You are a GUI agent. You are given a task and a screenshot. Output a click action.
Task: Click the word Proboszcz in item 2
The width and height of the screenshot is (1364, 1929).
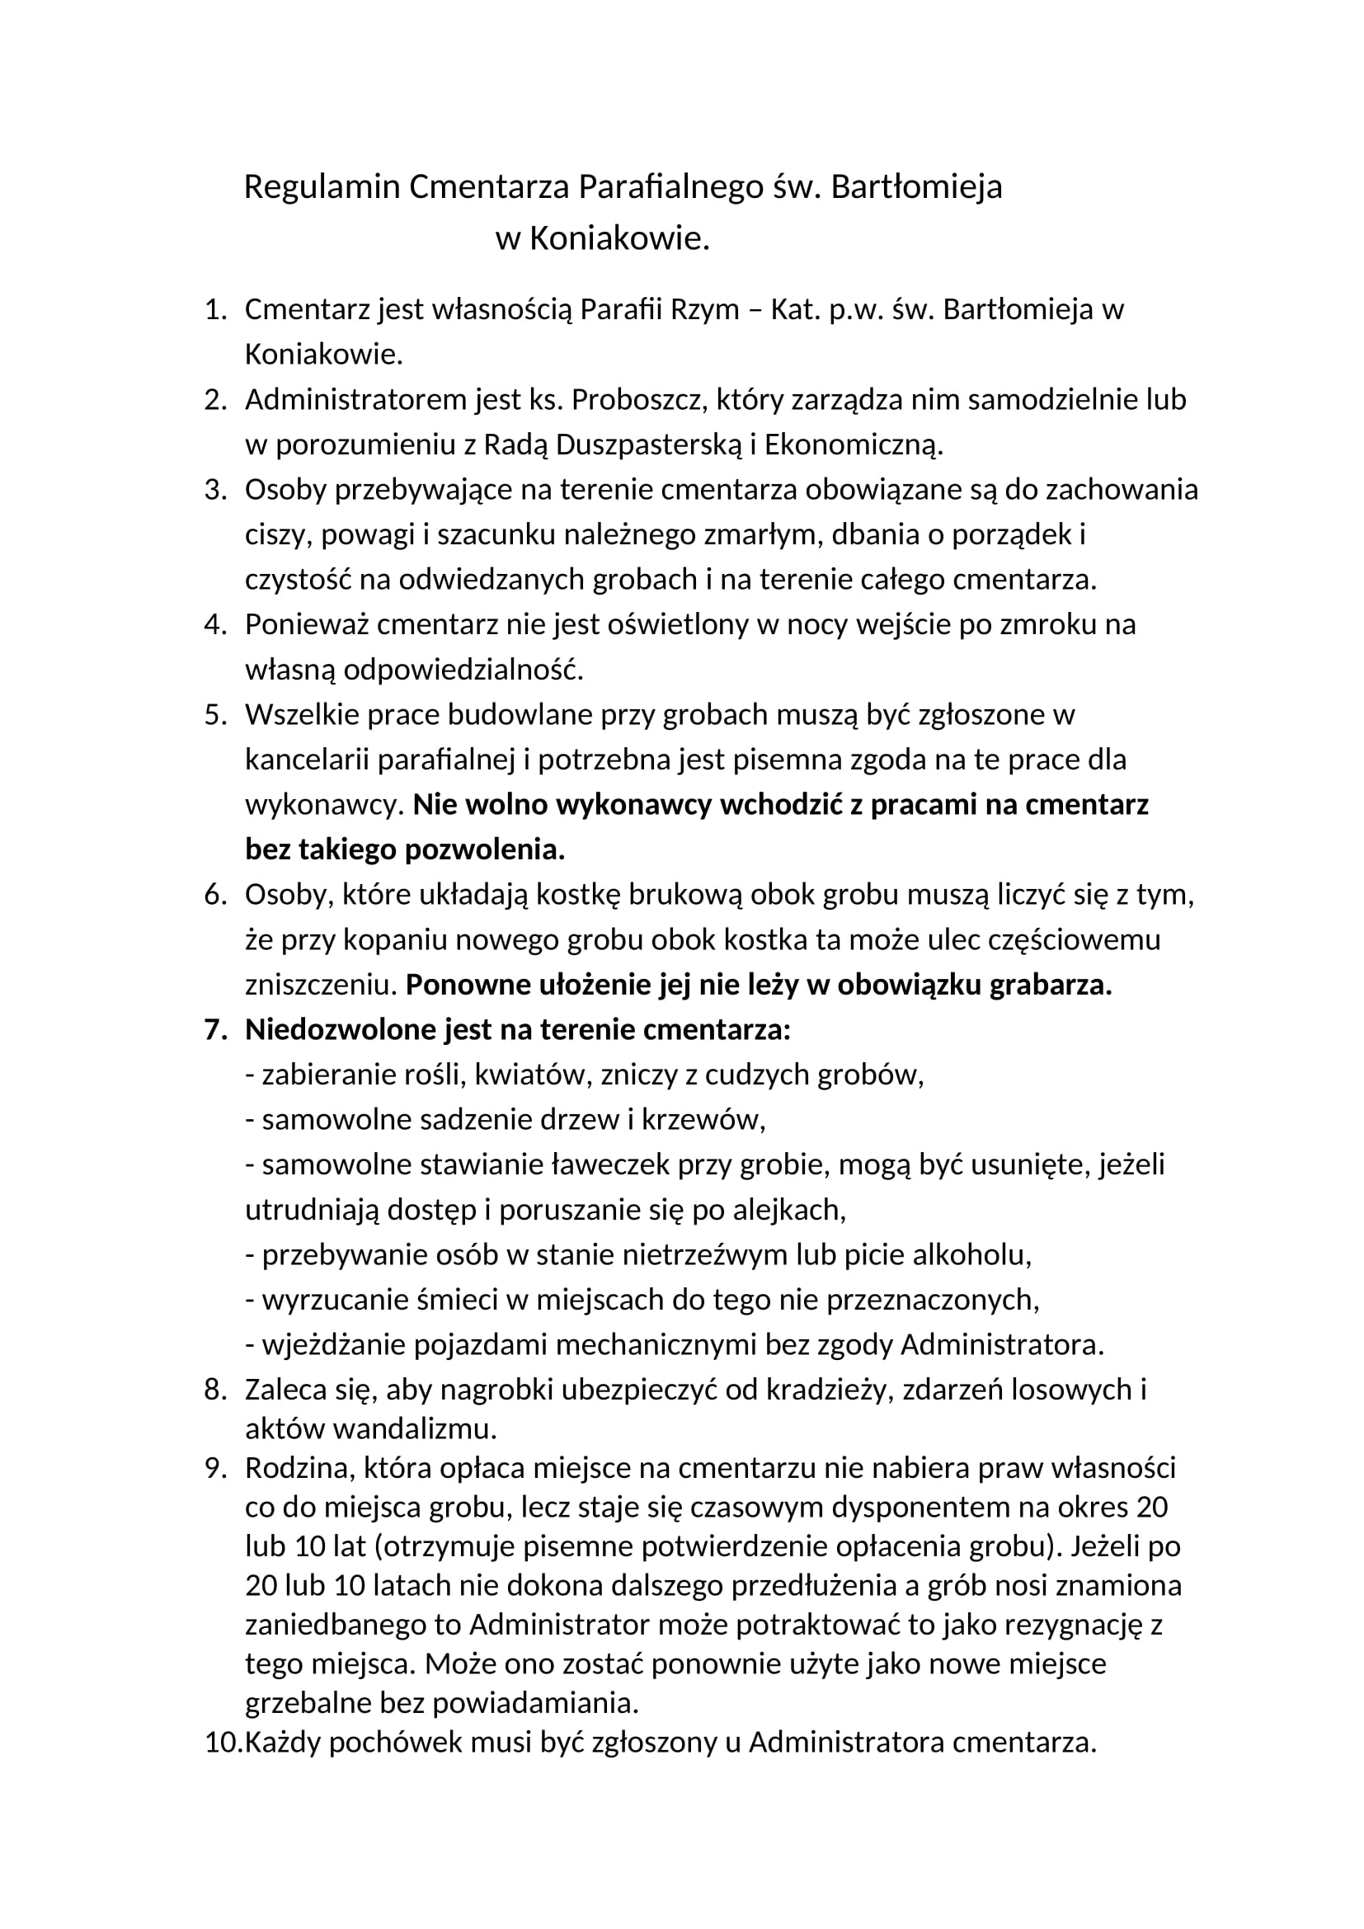tap(640, 400)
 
